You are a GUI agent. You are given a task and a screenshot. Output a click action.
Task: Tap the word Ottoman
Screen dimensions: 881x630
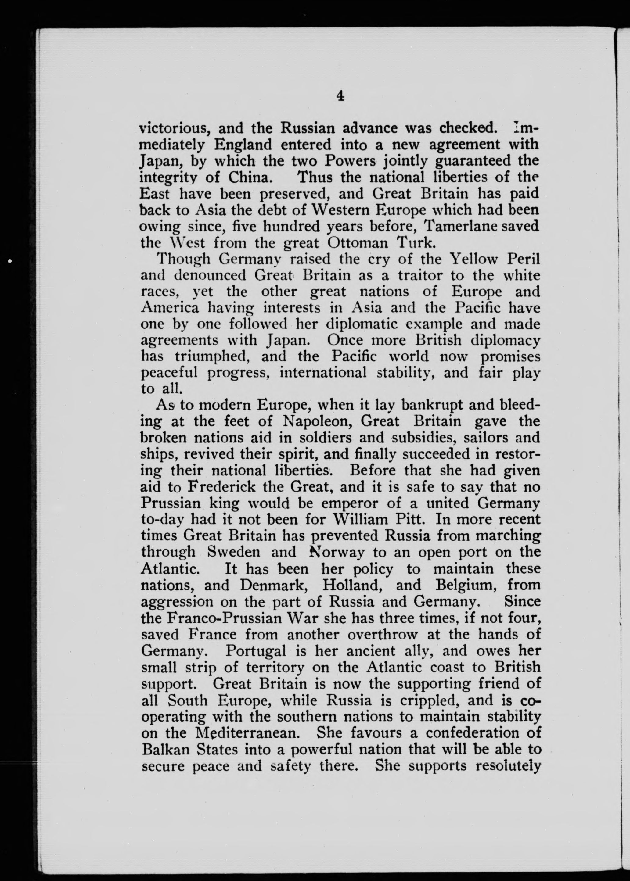[358, 243]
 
